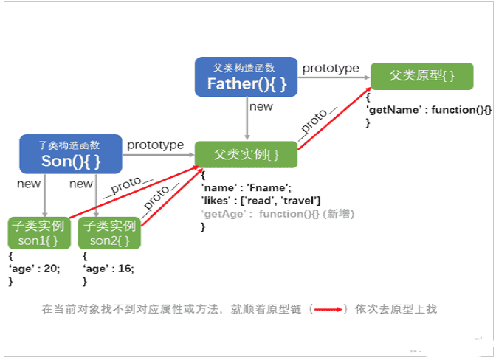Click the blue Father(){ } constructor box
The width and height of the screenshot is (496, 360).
point(245,77)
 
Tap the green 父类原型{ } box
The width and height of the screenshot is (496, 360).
point(412,76)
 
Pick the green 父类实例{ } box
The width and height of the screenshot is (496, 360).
point(246,155)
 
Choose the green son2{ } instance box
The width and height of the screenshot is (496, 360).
point(110,232)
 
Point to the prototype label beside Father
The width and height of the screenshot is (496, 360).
point(330,68)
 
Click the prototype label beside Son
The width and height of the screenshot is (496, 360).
point(155,145)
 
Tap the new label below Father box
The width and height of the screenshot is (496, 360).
point(261,106)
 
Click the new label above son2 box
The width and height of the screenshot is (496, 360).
point(81,184)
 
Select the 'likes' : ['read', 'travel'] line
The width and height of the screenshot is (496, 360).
point(260,201)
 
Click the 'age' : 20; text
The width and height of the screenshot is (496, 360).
point(34,269)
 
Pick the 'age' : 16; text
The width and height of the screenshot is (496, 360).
point(108,269)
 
